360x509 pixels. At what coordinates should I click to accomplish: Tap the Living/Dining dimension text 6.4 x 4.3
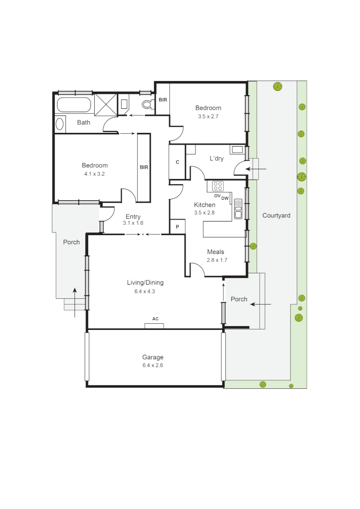(145, 291)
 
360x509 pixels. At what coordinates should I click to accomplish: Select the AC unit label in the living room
(155, 319)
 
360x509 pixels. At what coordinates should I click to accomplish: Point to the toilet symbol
(147, 105)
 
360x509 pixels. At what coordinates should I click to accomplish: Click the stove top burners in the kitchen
(218, 186)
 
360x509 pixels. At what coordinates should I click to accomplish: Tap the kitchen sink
(238, 208)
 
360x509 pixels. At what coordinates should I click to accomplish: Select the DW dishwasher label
(225, 198)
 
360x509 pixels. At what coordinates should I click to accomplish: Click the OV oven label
(217, 196)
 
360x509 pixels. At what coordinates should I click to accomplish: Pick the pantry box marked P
(177, 227)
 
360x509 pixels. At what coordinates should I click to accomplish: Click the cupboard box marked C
(177, 162)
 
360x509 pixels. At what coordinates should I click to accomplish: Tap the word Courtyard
(276, 215)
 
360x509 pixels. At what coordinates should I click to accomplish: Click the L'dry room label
(216, 158)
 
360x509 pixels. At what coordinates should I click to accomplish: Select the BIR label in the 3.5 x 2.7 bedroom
(163, 100)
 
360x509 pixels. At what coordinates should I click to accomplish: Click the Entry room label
(132, 217)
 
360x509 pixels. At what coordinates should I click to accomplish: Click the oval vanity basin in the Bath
(60, 124)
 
